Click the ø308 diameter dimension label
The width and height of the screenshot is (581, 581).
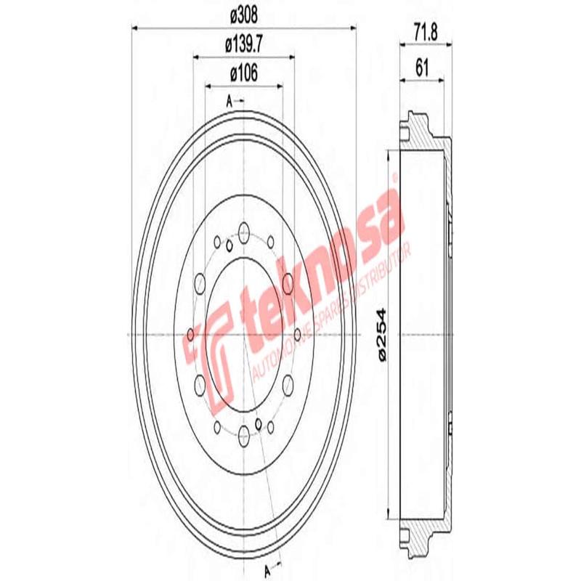pyautogui.click(x=244, y=14)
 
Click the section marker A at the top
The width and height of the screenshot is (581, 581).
pyautogui.click(x=229, y=102)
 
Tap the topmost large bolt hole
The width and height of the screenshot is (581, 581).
pyautogui.click(x=243, y=233)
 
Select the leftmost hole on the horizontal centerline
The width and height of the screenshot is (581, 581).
pyautogui.click(x=190, y=334)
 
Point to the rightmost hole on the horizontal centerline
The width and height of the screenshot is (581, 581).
pyautogui.click(x=297, y=334)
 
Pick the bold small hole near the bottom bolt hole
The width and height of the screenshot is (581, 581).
pyautogui.click(x=259, y=423)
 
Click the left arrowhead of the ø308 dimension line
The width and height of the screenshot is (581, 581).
pyautogui.click(x=135, y=28)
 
